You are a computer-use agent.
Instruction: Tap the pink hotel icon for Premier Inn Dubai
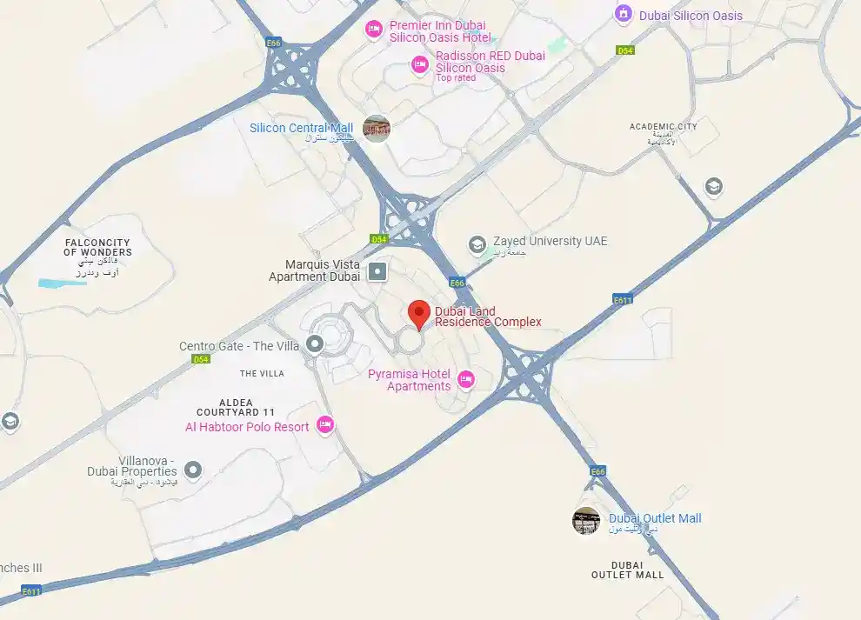pyautogui.click(x=374, y=30)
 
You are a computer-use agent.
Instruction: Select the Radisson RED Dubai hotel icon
pyautogui.click(x=420, y=63)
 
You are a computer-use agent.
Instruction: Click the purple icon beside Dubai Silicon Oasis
pyautogui.click(x=623, y=14)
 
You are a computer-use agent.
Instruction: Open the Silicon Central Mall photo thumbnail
pyautogui.click(x=377, y=129)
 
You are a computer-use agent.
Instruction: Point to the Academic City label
pyautogui.click(x=663, y=127)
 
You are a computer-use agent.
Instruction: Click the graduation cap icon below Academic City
pyautogui.click(x=714, y=187)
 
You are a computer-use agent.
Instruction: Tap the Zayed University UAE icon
pyautogui.click(x=477, y=245)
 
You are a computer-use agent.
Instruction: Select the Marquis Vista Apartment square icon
pyautogui.click(x=377, y=272)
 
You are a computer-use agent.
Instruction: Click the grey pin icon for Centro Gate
pyautogui.click(x=315, y=345)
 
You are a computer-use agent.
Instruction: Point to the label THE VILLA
pyautogui.click(x=261, y=374)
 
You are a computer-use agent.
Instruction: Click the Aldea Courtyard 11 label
pyautogui.click(x=236, y=406)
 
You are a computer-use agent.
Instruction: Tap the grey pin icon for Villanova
pyautogui.click(x=193, y=471)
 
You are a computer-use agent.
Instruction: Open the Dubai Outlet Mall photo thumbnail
pyautogui.click(x=586, y=521)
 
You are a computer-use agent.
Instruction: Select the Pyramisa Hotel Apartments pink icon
pyautogui.click(x=466, y=379)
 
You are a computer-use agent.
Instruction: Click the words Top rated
pyautogui.click(x=456, y=78)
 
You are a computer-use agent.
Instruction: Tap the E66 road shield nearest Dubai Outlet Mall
pyautogui.click(x=597, y=471)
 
